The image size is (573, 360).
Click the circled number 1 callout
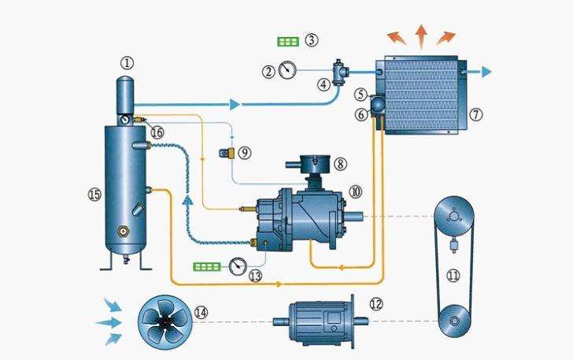[x=128, y=63]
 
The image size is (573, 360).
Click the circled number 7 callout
[x=475, y=114]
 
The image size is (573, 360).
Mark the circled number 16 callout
[x=157, y=132]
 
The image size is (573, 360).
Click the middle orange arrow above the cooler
[x=421, y=35]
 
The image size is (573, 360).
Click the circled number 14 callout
[x=201, y=313]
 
